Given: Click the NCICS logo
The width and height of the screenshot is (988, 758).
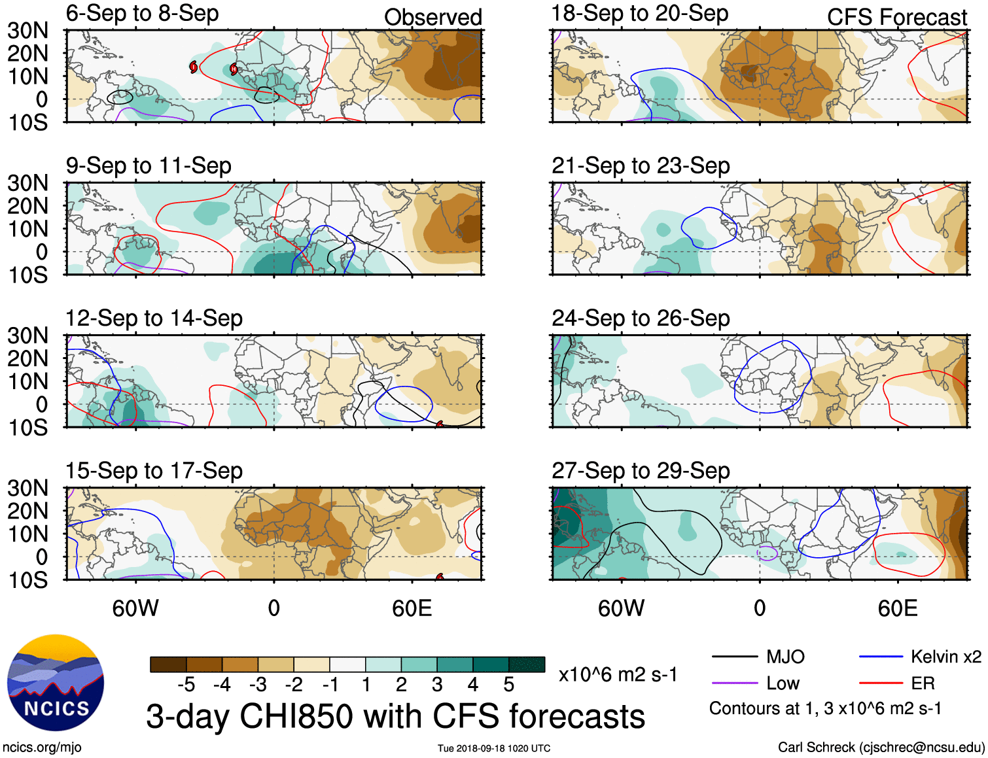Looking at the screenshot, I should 55,683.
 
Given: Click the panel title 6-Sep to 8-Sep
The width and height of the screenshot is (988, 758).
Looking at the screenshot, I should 142,14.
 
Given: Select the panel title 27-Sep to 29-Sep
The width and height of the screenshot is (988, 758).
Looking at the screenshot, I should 640,471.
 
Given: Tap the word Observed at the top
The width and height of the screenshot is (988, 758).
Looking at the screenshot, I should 432,17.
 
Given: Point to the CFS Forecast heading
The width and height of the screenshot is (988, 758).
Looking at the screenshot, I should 896,17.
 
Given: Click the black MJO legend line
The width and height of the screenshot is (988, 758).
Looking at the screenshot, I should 735,657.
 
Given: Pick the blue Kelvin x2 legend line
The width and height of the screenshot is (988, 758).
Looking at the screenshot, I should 881,657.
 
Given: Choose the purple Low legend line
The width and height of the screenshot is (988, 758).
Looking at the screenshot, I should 735,683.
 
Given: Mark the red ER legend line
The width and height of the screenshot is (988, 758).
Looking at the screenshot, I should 881,683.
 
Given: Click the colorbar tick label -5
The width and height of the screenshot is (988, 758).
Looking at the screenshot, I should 186,685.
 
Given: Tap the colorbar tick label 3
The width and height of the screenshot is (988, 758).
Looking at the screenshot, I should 437,685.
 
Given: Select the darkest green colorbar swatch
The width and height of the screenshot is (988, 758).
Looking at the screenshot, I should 527,664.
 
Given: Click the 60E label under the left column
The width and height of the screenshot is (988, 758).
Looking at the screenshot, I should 412,608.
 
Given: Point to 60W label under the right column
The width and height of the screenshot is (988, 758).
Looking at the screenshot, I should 621,608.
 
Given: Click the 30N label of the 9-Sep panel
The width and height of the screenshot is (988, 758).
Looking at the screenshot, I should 28,183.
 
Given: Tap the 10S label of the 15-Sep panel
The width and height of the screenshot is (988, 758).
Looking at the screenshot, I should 28,580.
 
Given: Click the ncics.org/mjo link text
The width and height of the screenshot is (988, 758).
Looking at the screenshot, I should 43,747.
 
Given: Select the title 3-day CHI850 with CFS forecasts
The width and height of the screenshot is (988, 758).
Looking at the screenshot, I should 395,716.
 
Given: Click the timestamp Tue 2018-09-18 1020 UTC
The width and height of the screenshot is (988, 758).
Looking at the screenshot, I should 494,748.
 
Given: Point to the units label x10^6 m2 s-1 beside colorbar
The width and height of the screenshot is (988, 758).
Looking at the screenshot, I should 618,674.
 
